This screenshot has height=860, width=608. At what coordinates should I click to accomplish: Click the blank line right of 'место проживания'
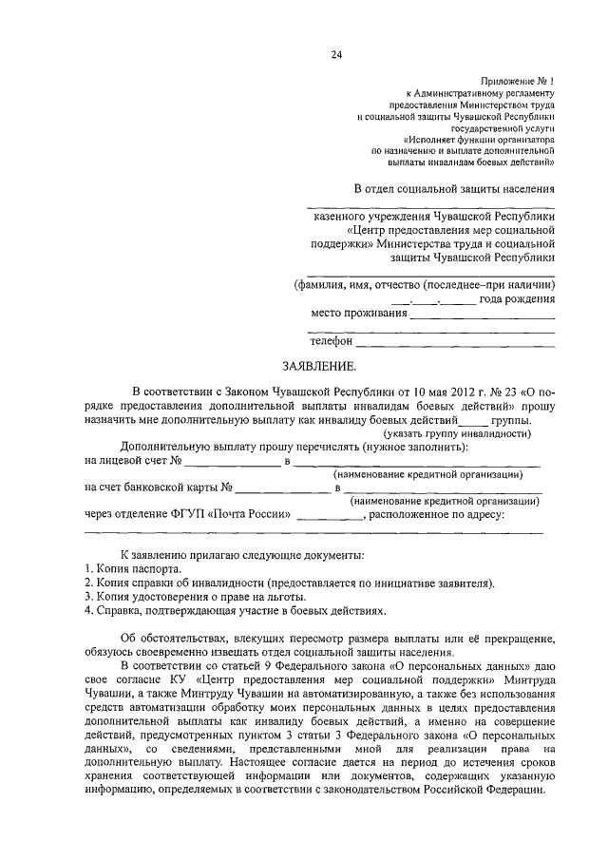[483, 313]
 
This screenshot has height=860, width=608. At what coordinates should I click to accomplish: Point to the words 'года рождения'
[518, 298]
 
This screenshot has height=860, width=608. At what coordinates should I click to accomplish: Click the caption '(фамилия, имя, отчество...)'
[423, 284]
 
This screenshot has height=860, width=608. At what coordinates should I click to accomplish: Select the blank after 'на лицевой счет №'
[232, 462]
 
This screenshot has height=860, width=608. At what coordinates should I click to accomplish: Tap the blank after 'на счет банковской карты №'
[282, 489]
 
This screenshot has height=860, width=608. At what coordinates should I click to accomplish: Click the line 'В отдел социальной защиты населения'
[455, 189]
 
